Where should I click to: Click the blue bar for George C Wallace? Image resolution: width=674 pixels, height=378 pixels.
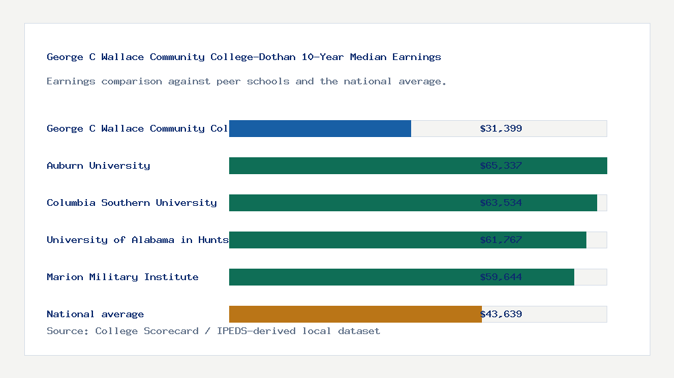pos(320,128)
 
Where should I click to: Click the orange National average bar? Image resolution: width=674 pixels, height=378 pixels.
pos(355,314)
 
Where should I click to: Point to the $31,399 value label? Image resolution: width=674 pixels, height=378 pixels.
pos(501,128)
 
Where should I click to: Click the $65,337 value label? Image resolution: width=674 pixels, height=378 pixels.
pos(501,165)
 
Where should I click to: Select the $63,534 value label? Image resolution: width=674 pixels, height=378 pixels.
pos(501,202)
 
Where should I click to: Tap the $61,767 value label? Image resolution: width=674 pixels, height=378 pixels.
pos(501,240)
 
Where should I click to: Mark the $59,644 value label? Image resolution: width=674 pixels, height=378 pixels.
pos(501,277)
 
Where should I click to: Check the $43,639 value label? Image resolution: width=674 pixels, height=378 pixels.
pos(501,314)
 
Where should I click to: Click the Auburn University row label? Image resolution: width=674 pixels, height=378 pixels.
pos(98,165)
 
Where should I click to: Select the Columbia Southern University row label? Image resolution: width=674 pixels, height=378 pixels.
pos(131,202)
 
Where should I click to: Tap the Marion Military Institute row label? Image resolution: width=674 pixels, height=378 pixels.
pos(123,277)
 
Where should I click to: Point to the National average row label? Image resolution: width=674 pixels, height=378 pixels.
pos(95,314)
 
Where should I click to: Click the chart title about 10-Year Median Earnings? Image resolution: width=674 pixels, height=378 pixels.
pos(244,57)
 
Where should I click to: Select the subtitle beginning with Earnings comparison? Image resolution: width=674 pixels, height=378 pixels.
pos(247,81)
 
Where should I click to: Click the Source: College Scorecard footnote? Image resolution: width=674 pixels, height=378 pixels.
pos(213,331)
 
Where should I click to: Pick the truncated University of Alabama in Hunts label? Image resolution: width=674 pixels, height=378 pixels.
pos(137,240)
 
